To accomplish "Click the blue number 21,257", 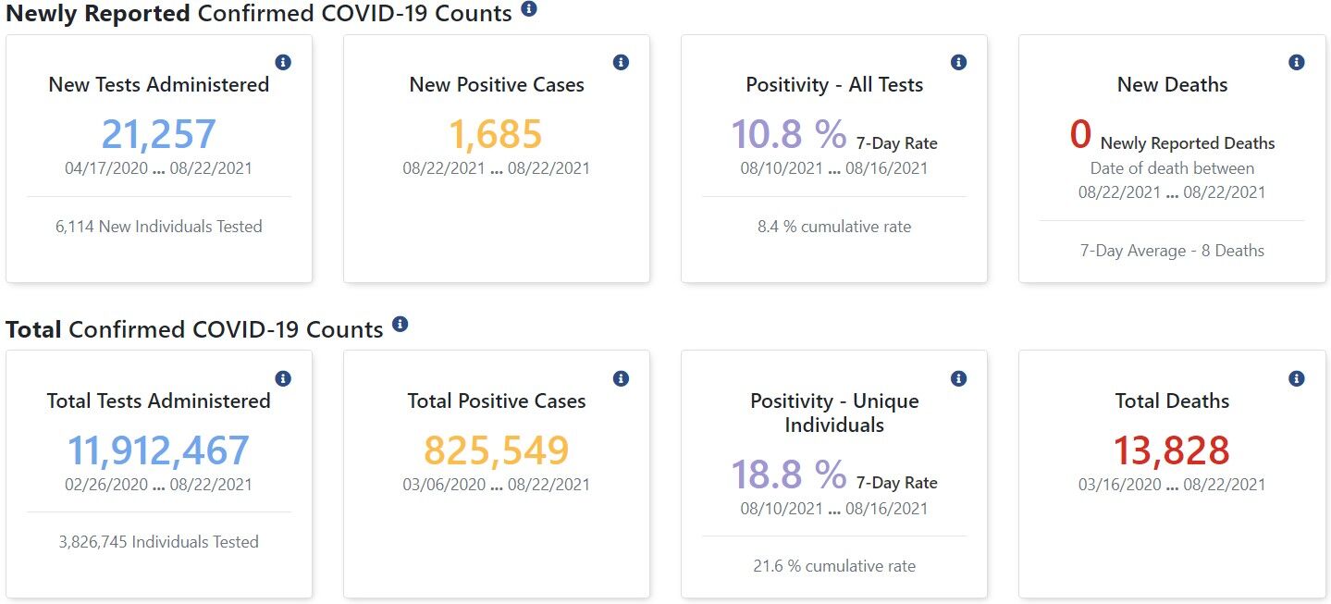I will click(x=158, y=134).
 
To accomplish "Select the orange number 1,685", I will click(x=496, y=134).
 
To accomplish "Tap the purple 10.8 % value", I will click(x=788, y=134).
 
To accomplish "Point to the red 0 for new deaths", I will click(x=1080, y=134).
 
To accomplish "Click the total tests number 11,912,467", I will click(x=158, y=450).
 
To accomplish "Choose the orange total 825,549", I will click(x=496, y=450).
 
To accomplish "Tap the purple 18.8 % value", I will click(x=788, y=475).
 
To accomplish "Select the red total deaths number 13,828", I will click(x=1171, y=450).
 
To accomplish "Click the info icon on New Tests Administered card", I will click(x=284, y=62).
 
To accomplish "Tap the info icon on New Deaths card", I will click(x=1297, y=62).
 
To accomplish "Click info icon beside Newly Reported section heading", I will click(x=529, y=9).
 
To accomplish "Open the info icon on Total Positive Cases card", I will click(x=622, y=378).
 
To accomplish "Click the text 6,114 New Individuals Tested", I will click(x=158, y=227).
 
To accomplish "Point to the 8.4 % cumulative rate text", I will click(x=833, y=227).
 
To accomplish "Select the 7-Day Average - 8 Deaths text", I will click(x=1171, y=251).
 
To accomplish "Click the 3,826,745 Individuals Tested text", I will click(x=158, y=542).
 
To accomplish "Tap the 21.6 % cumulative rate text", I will click(x=833, y=566).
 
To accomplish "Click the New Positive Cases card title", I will click(x=496, y=85).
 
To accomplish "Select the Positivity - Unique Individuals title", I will click(x=833, y=413).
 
